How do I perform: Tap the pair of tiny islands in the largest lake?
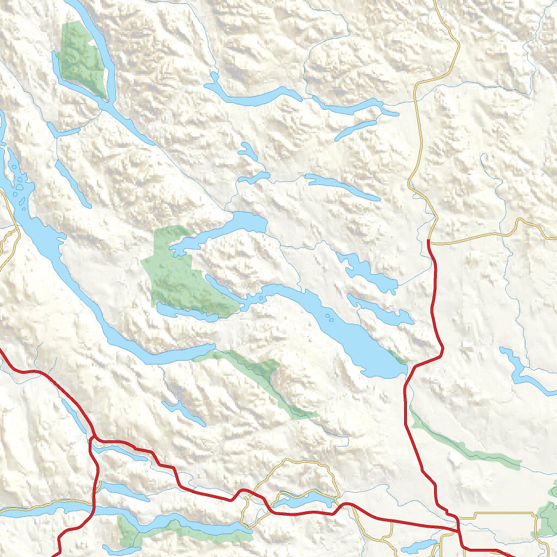click(329, 317)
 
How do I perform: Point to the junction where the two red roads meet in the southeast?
click(457, 527)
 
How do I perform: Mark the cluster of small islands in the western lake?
click(21, 188)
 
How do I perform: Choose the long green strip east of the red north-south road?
click(462, 443)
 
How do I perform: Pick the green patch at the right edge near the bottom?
click(547, 514)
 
